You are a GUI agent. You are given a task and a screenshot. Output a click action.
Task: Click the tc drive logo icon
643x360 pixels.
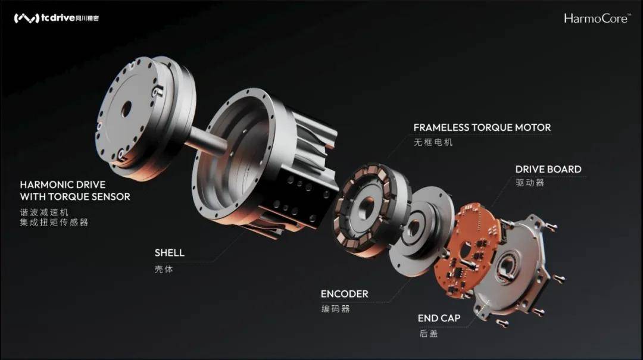pyautogui.click(x=26, y=18)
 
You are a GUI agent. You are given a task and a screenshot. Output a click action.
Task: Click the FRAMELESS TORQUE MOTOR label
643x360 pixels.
pyautogui.click(x=482, y=127)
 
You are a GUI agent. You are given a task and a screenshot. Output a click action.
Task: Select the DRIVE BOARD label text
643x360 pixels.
pyautogui.click(x=548, y=170)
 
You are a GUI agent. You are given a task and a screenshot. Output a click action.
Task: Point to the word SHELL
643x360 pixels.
pyautogui.click(x=169, y=253)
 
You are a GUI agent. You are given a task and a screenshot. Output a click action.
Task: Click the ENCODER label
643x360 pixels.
pyautogui.click(x=344, y=294)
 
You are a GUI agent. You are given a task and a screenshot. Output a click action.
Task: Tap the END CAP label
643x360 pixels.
pyautogui.click(x=439, y=318)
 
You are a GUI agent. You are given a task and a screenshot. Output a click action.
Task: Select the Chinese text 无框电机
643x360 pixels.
pyautogui.click(x=433, y=143)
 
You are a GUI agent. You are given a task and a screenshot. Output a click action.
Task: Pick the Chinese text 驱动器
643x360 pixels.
pyautogui.click(x=529, y=183)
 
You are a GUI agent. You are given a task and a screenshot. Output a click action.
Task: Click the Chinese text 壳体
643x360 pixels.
pyautogui.click(x=163, y=268)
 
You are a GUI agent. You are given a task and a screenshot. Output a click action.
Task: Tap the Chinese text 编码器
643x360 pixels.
pyautogui.click(x=335, y=309)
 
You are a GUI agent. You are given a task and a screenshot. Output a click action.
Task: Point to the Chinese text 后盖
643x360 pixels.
pyautogui.click(x=428, y=334)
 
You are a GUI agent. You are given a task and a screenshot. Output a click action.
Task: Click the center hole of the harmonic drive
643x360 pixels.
pyautogui.click(x=126, y=108)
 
